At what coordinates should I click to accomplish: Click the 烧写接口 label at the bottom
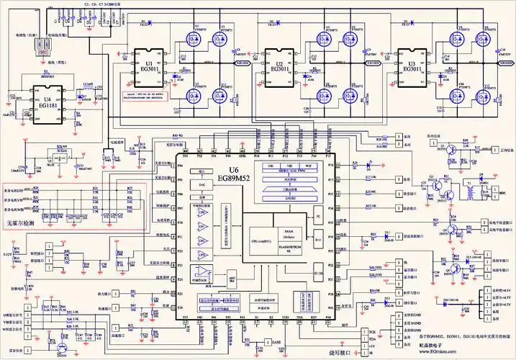338,353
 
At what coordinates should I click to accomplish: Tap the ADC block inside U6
232,276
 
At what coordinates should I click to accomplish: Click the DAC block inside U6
202,185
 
